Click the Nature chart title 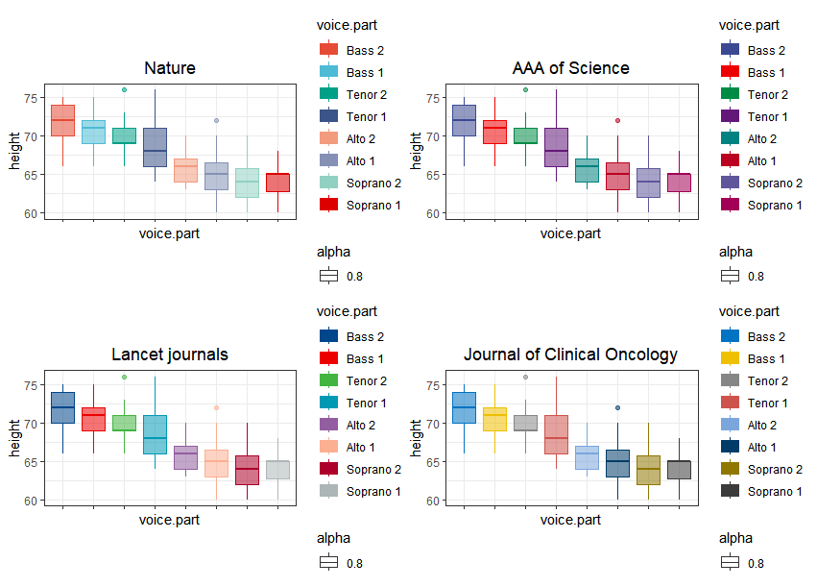click(170, 68)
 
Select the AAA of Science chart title click(570, 68)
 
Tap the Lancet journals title click(170, 355)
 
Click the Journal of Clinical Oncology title click(570, 355)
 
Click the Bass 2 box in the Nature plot click(62, 120)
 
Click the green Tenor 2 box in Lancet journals click(124, 423)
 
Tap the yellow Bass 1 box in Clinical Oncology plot click(494, 419)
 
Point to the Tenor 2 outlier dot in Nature click(124, 89)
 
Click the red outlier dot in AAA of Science click(617, 120)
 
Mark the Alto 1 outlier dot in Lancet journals click(216, 407)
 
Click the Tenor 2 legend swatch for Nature click(329, 94)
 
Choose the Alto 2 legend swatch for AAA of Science click(730, 138)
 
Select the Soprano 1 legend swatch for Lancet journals click(329, 491)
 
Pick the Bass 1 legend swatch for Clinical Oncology click(730, 358)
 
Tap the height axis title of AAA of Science click(416, 151)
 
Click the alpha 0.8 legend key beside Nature click(329, 277)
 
